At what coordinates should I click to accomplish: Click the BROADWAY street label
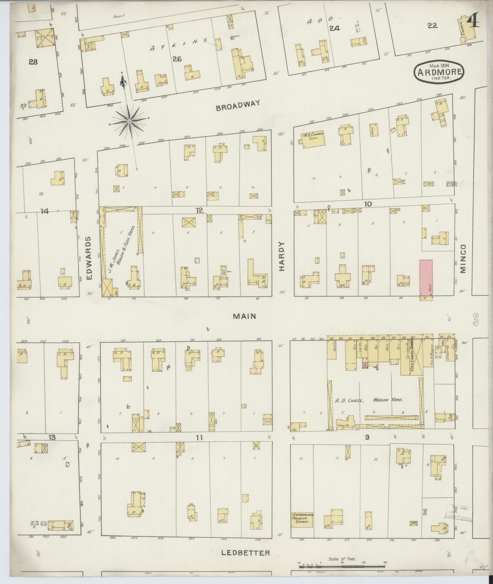pyautogui.click(x=238, y=106)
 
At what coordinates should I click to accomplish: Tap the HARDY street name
pyautogui.click(x=281, y=256)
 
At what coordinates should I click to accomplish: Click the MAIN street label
pyautogui.click(x=244, y=317)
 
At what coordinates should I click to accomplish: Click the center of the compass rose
pyautogui.click(x=130, y=122)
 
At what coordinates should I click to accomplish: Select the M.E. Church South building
pyautogui.click(x=313, y=140)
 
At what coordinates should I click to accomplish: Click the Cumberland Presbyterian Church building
pyautogui.click(x=302, y=520)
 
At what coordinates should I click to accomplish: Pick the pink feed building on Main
pyautogui.click(x=426, y=277)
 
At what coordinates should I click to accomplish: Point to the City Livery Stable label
pyautogui.click(x=412, y=356)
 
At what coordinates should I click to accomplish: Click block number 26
pyautogui.click(x=177, y=59)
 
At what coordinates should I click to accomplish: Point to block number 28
pyautogui.click(x=33, y=62)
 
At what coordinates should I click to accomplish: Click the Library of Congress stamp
pyautogui.click(x=459, y=511)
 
